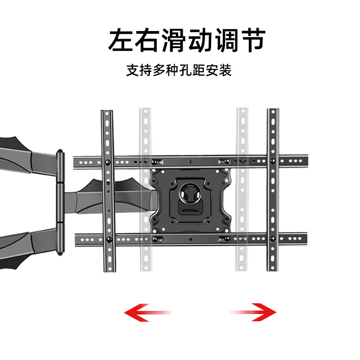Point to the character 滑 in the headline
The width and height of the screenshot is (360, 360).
174,40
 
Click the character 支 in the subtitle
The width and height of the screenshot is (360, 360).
133,71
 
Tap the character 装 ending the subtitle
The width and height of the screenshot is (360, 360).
225,71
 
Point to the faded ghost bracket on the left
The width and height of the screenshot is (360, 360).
144,189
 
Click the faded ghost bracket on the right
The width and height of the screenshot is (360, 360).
243,189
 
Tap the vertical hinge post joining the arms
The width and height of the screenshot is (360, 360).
59,202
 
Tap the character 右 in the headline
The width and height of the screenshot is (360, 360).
148,40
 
